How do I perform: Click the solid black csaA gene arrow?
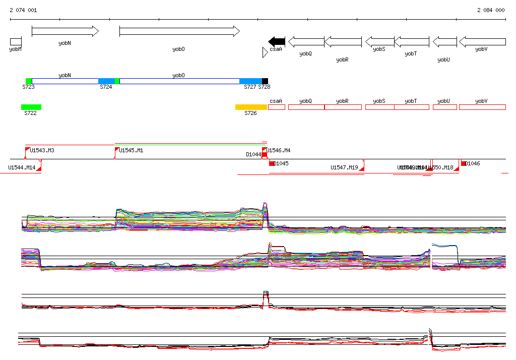pyautogui.click(x=277, y=41)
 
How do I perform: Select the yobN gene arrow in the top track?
pyautogui.click(x=65, y=32)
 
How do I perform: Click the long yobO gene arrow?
pyautogui.click(x=179, y=32)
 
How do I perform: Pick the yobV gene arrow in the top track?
pyautogui.click(x=482, y=41)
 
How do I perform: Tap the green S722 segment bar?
pyautogui.click(x=31, y=107)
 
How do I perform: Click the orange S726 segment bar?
pyautogui.click(x=251, y=107)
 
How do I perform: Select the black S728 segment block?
pyautogui.click(x=265, y=81)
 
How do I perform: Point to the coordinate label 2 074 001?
pyautogui.click(x=23, y=10)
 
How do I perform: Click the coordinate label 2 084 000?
pyautogui.click(x=491, y=10)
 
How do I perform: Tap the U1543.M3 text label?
pyautogui.click(x=42, y=150)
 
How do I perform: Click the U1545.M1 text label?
pyautogui.click(x=132, y=150)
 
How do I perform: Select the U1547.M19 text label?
pyautogui.click(x=344, y=167)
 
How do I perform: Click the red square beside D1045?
pyautogui.click(x=272, y=163)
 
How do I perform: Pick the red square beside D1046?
pyautogui.click(x=464, y=163)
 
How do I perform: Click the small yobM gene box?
pyautogui.click(x=16, y=41)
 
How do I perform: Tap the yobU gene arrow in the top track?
pyautogui.click(x=444, y=41)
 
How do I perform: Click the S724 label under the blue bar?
pyautogui.click(x=106, y=87)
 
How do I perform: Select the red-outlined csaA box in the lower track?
pyautogui.click(x=277, y=107)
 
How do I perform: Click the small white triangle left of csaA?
pyautogui.click(x=265, y=52)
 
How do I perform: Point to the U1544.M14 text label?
pyautogui.click(x=22, y=167)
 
